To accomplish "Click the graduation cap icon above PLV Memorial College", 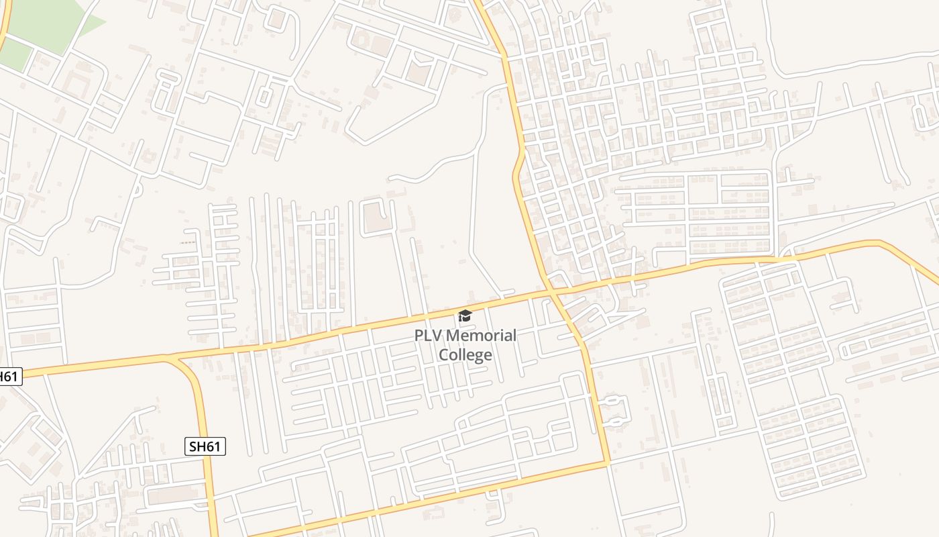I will click(465, 315).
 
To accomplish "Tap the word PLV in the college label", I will click(428, 335).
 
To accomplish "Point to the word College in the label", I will click(465, 354).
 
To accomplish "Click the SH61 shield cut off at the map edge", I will click(9, 377).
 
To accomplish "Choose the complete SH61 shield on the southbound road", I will click(205, 446).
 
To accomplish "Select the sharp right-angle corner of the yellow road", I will click(608, 462).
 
